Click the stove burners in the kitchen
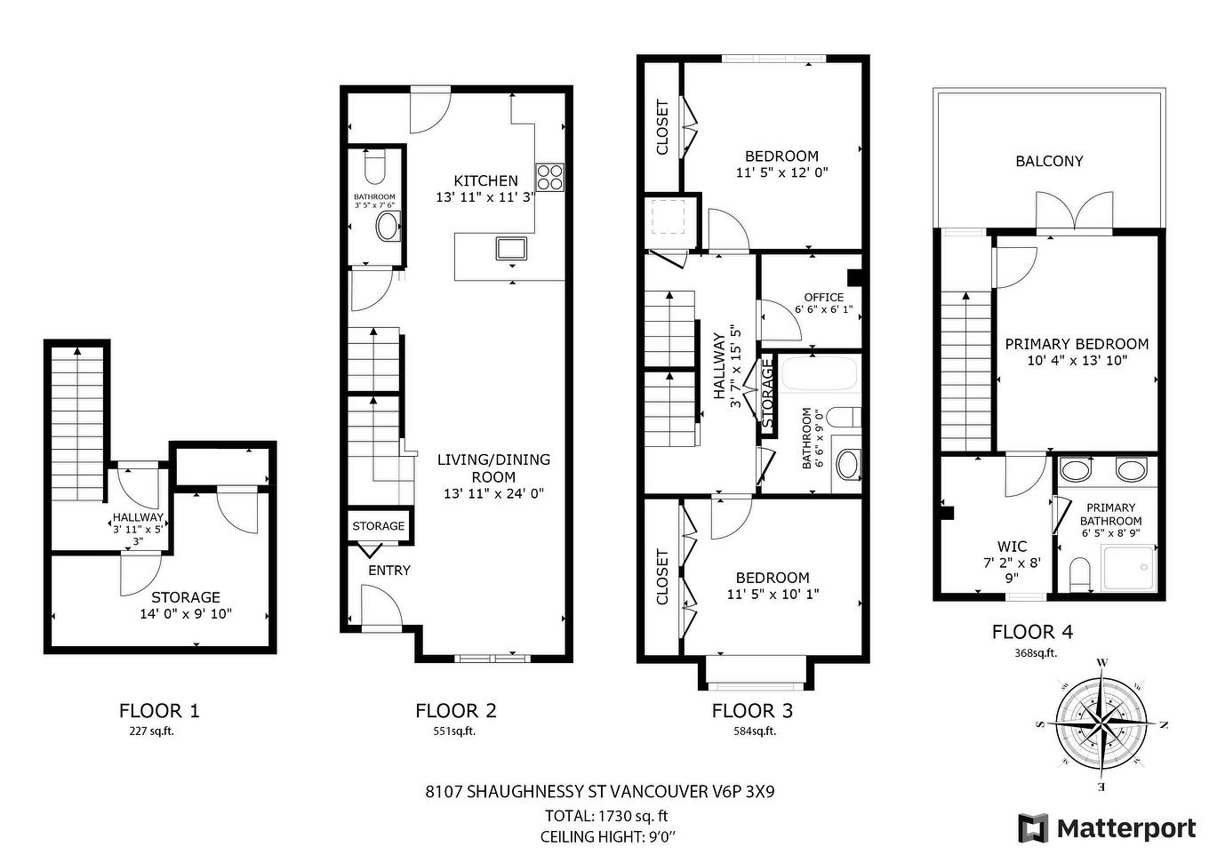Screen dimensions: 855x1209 click(x=549, y=178)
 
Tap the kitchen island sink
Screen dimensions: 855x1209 click(x=511, y=248)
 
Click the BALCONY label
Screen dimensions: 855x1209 click(x=1049, y=161)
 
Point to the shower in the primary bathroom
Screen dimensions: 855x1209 click(x=1129, y=568)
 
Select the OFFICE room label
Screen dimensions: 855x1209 click(x=823, y=298)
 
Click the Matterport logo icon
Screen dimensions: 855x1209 click(x=1033, y=828)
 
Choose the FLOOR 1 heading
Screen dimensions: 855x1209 click(x=159, y=710)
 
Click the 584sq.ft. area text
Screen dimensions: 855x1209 click(x=752, y=731)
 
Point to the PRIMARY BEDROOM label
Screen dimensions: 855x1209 click(x=1076, y=344)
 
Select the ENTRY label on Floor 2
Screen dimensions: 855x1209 click(x=389, y=570)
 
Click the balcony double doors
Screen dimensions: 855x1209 click(x=1074, y=213)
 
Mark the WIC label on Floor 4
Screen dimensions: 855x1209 click(x=1012, y=547)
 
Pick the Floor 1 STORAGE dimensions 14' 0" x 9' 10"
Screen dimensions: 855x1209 click(x=186, y=613)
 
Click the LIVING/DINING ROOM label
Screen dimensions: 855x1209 click(x=493, y=467)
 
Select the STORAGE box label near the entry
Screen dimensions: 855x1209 click(x=378, y=525)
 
